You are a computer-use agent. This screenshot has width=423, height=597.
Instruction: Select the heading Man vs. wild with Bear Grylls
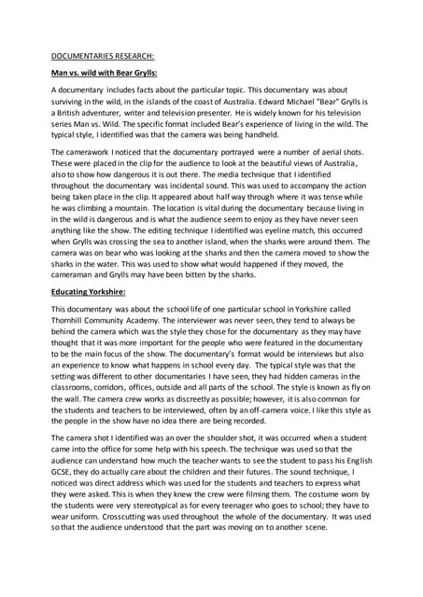click(104, 72)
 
